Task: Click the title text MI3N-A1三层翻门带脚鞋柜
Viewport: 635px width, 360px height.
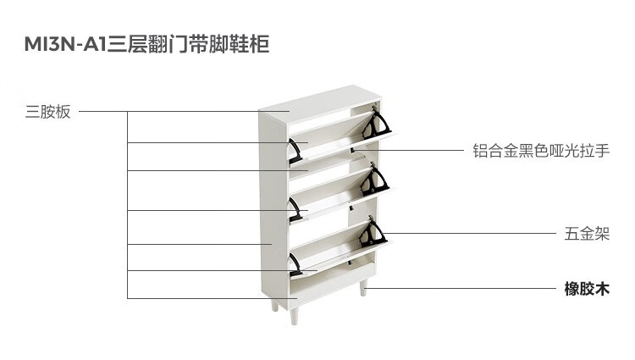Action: point(146,44)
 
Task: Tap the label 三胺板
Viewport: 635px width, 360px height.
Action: point(47,112)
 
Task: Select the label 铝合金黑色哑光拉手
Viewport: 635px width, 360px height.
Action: point(541,151)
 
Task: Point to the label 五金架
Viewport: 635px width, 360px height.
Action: point(587,234)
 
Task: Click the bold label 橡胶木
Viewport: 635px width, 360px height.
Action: point(587,289)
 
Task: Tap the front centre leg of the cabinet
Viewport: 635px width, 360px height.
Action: point(295,316)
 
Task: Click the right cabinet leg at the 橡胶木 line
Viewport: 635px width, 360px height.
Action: point(363,287)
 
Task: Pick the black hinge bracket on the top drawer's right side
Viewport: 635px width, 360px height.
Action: point(376,123)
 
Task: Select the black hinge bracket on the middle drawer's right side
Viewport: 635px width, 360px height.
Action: point(374,180)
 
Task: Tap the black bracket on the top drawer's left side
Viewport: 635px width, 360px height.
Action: point(295,152)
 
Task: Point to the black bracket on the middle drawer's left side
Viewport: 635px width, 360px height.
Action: point(295,209)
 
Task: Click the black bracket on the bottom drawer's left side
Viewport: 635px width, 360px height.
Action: point(295,265)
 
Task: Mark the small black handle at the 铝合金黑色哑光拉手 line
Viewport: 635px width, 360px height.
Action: point(352,150)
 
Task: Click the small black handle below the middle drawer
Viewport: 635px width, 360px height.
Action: point(351,208)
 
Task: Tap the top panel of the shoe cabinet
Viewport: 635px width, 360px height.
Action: point(320,102)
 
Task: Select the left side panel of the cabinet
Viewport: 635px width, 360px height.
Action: point(273,207)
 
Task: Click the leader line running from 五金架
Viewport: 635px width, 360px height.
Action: point(469,233)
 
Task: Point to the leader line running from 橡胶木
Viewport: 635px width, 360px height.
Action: point(461,289)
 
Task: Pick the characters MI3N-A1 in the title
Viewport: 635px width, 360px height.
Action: point(65,44)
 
